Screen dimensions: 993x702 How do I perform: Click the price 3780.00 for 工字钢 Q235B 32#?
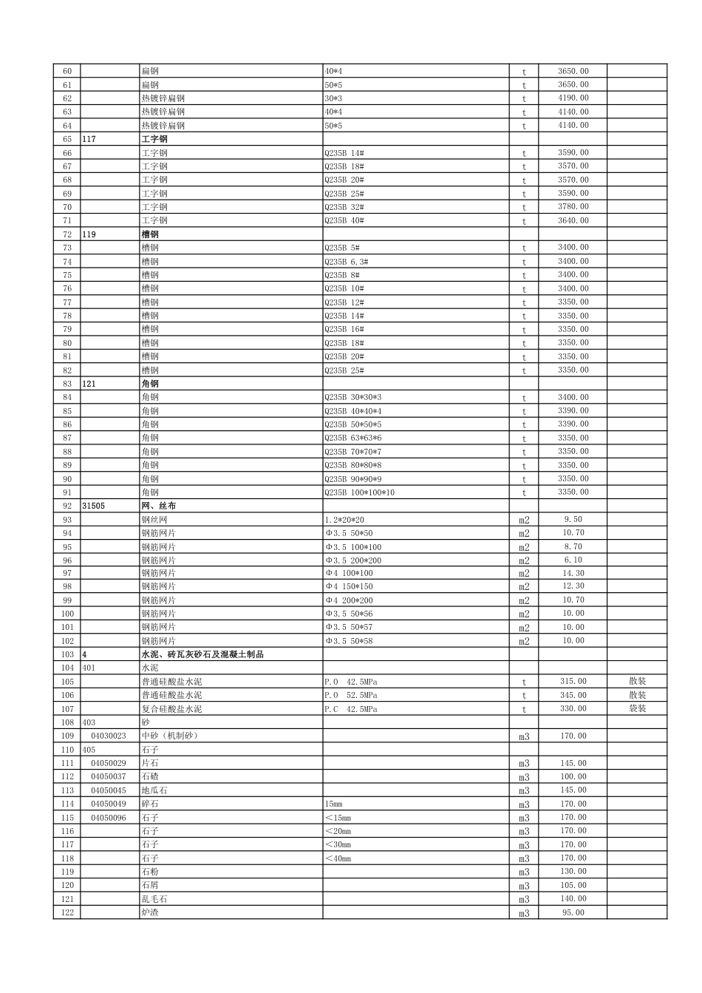pos(573,207)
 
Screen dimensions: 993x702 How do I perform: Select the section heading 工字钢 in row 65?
pos(154,139)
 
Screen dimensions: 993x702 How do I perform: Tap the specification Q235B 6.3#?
pos(346,262)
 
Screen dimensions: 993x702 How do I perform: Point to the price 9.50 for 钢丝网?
pos(573,520)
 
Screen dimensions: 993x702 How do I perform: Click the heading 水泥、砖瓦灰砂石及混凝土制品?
pos(202,654)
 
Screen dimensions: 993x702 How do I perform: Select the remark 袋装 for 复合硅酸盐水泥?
pos(637,708)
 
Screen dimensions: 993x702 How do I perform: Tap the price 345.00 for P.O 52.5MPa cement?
pos(573,695)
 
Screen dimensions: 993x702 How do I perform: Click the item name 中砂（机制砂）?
pos(170,736)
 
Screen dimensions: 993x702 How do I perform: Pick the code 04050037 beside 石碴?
pos(109,776)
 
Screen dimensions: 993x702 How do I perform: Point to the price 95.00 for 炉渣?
pos(573,912)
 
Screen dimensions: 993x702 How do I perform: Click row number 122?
pos(67,912)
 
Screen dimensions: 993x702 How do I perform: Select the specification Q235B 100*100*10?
pos(359,492)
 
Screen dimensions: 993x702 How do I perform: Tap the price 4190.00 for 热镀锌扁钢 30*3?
pos(573,98)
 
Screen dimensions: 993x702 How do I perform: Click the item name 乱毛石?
pos(154,899)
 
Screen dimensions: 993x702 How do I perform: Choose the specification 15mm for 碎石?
pos(333,804)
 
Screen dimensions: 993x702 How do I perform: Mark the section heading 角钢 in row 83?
pos(150,384)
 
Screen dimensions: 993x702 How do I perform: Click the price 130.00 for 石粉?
pos(573,872)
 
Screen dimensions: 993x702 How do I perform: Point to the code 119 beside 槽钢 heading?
pos(89,234)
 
